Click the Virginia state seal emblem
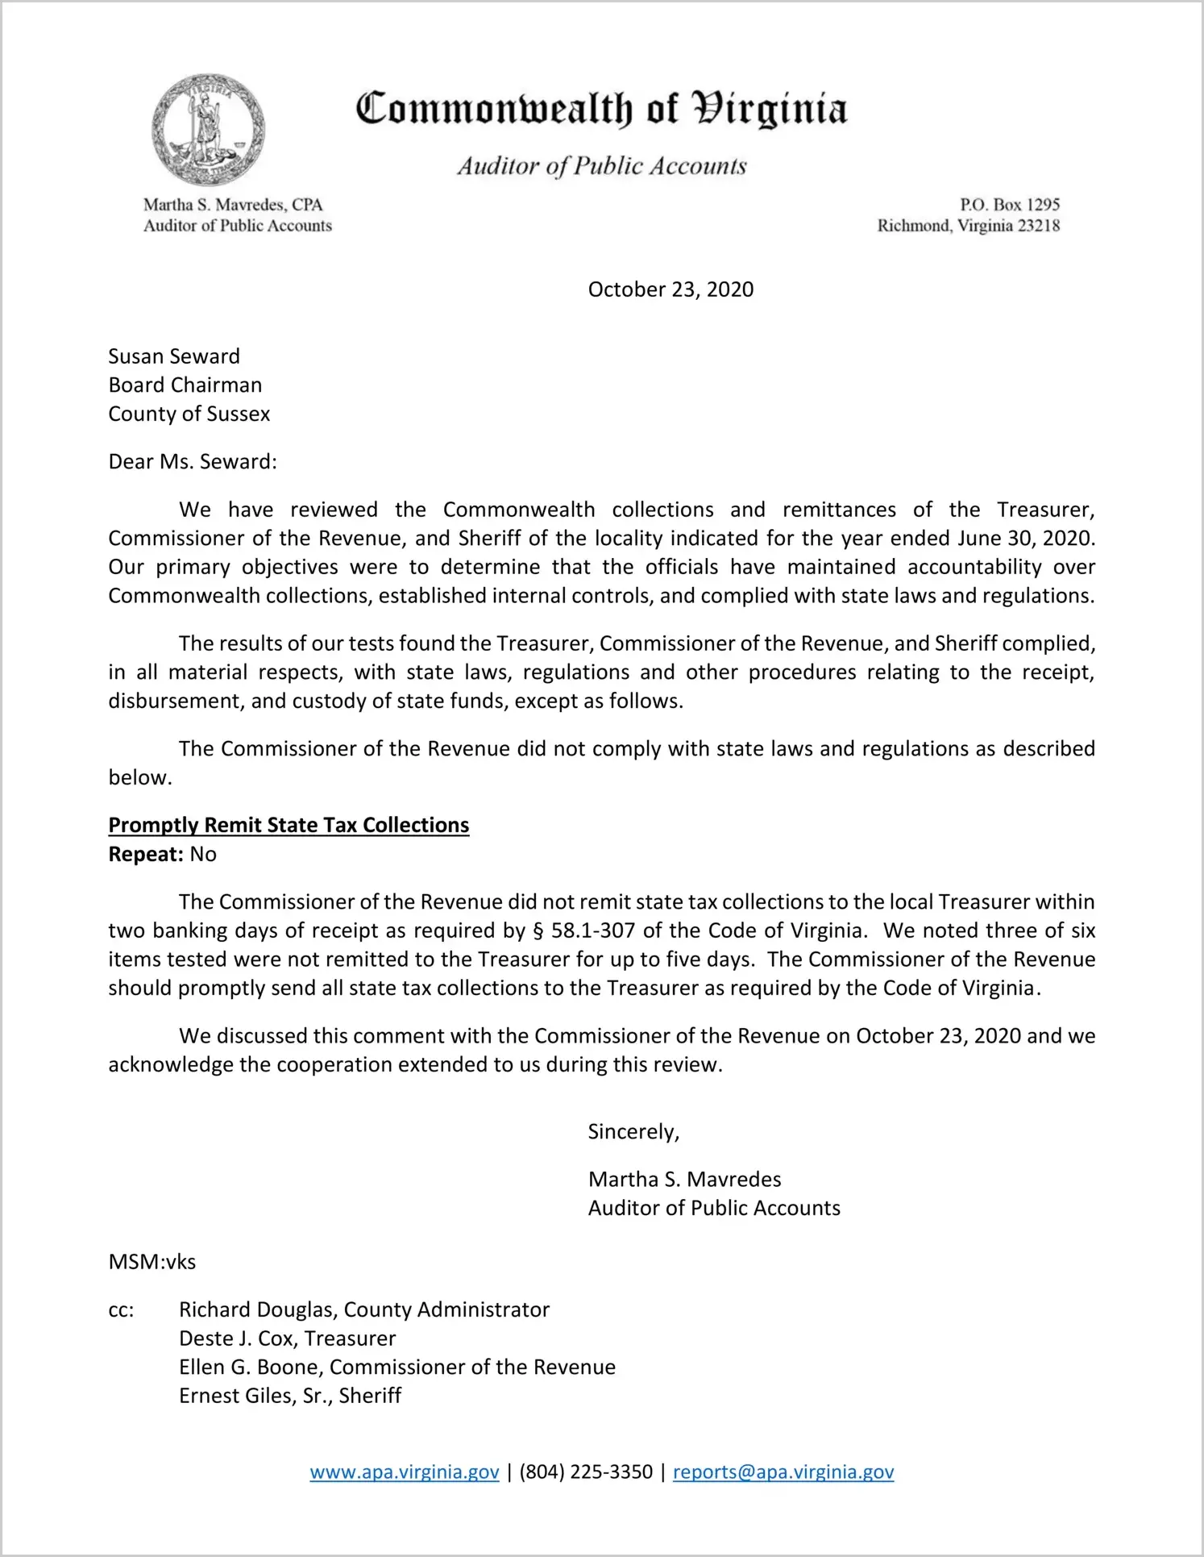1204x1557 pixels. coord(209,129)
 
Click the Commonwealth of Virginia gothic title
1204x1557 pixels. coord(601,109)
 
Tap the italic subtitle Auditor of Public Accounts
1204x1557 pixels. coord(601,166)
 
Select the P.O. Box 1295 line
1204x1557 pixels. coord(1009,205)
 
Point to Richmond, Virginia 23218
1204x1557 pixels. coord(968,226)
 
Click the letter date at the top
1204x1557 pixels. coord(671,289)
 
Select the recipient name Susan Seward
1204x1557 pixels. coord(174,356)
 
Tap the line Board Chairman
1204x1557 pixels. coord(185,385)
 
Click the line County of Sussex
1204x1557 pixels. coord(189,414)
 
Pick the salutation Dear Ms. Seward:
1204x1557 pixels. coord(193,461)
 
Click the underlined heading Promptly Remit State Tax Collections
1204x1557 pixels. coord(289,825)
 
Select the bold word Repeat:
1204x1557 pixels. coord(146,854)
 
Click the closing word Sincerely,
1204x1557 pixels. coord(633,1131)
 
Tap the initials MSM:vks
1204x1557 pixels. coord(152,1261)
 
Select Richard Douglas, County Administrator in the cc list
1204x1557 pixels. coord(364,1309)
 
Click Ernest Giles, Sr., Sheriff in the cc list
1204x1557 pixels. coord(290,1395)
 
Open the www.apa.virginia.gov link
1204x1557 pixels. coord(405,1472)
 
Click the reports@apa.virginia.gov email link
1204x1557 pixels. coord(783,1472)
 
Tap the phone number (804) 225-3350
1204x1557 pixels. coord(586,1472)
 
